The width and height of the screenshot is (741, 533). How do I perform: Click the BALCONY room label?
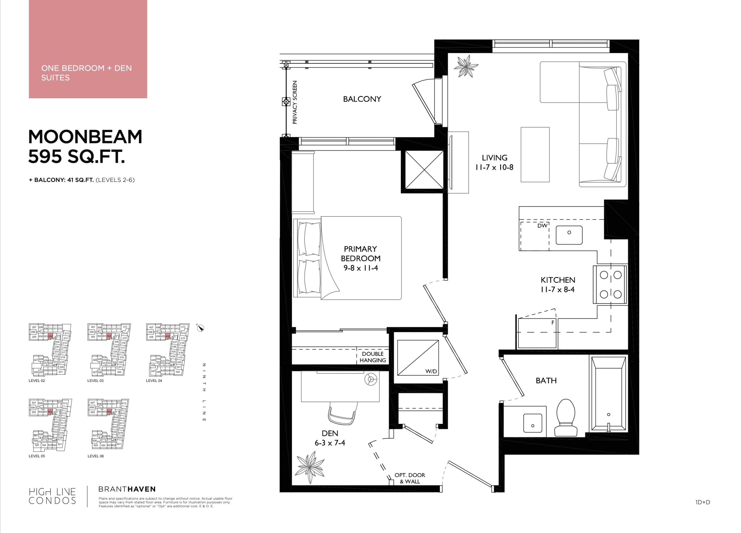click(362, 99)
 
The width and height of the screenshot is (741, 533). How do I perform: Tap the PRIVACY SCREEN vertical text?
click(295, 102)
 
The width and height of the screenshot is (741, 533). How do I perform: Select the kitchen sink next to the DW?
click(569, 235)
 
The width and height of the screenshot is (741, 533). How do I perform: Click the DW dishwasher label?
click(542, 226)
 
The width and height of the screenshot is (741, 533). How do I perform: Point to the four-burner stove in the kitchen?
click(610, 284)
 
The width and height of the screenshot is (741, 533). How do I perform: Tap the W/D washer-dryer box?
click(418, 357)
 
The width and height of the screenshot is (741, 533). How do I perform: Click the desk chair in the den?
click(342, 414)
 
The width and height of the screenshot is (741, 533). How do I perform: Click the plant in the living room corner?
click(465, 66)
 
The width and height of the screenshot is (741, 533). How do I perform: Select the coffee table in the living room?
click(535, 154)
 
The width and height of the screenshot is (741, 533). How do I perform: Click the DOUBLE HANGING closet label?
click(373, 357)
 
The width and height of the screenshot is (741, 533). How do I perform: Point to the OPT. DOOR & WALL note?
click(409, 478)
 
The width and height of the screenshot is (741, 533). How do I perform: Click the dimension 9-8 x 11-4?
click(360, 268)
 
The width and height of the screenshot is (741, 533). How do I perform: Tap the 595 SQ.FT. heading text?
click(77, 156)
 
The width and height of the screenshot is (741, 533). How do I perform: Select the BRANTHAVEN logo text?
click(127, 489)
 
